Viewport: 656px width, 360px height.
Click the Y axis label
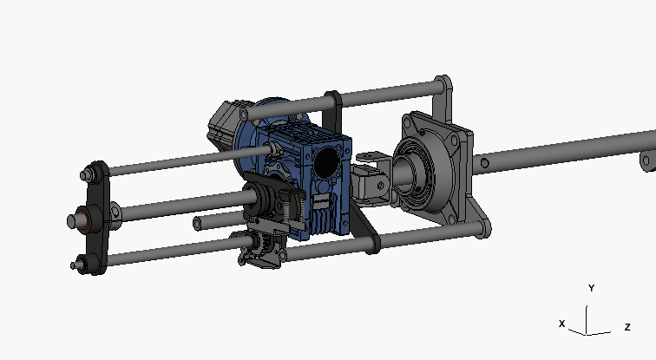(591, 288)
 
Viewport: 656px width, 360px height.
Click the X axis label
(562, 324)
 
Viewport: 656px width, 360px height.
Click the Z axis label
(626, 327)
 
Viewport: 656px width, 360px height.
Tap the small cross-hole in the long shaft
(488, 160)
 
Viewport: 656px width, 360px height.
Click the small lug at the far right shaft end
(646, 161)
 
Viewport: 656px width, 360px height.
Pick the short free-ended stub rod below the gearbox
(200, 224)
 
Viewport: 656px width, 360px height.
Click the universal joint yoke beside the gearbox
(371, 178)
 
